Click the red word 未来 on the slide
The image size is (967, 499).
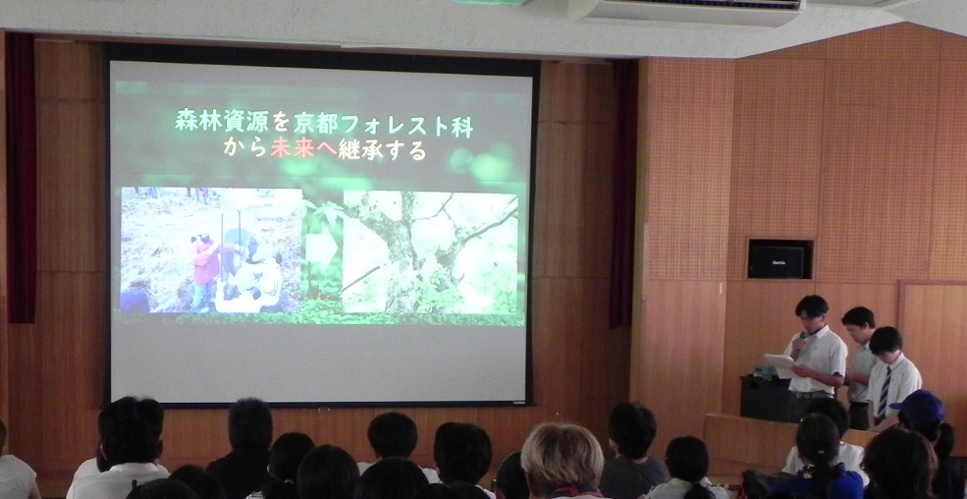[293, 148]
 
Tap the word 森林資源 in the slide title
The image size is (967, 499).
[222, 121]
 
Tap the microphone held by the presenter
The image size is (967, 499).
[800, 342]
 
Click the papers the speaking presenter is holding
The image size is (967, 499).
[779, 364]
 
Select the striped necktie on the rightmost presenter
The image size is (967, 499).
[885, 394]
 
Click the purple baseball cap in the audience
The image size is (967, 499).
[918, 408]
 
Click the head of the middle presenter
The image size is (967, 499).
[858, 324]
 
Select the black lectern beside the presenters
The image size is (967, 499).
[766, 399]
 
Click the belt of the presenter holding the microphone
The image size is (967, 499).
[811, 394]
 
